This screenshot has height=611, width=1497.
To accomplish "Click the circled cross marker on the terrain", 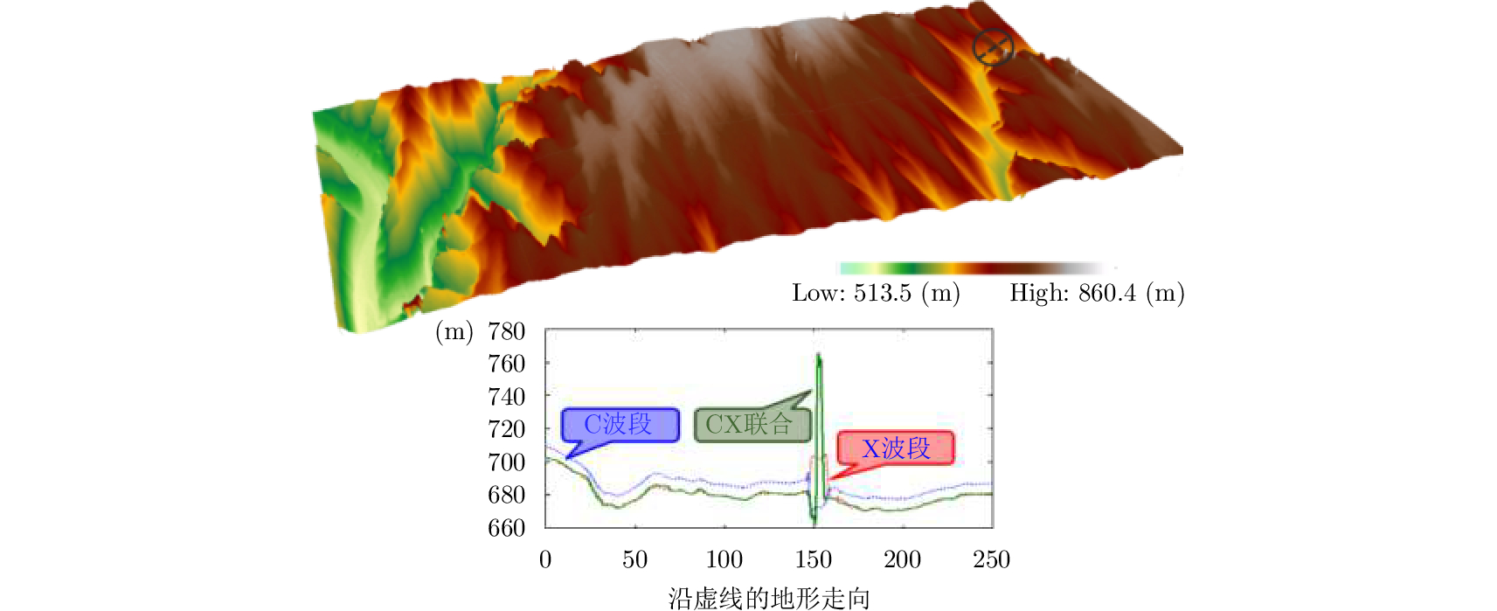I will tap(993, 47).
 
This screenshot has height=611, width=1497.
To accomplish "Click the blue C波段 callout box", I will tap(620, 425).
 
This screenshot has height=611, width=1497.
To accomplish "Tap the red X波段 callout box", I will tap(895, 448).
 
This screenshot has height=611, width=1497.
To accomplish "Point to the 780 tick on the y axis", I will tap(506, 331).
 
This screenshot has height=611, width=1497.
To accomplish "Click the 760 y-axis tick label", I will tap(506, 364).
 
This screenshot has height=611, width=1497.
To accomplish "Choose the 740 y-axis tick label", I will tap(506, 397).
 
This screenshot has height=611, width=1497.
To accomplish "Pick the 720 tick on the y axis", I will tap(506, 429).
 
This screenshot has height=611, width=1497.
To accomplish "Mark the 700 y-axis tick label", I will tap(506, 462).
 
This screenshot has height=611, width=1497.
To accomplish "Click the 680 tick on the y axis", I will tap(506, 495).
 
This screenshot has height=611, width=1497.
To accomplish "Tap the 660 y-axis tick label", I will tap(506, 528).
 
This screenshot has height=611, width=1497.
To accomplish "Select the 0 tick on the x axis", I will tap(545, 559).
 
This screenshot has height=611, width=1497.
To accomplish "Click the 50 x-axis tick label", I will tap(634, 559).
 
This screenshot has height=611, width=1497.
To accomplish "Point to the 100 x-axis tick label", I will tap(724, 559).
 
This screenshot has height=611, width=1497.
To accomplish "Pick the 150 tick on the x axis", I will tap(813, 559).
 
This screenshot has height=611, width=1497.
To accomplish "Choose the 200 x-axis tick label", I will tap(902, 559).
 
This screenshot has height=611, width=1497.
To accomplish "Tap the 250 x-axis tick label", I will tap(991, 559).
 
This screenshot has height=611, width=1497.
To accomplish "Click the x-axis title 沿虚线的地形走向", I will tap(769, 598).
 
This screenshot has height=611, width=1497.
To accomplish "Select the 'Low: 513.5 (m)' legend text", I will tap(876, 293).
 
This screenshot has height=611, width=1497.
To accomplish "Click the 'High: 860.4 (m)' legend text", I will tap(1097, 293).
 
